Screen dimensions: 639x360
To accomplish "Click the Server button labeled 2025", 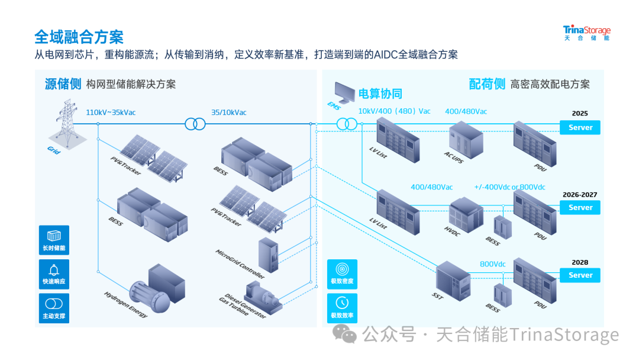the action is pyautogui.click(x=579, y=127).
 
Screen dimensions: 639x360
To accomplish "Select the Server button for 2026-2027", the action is pyautogui.click(x=579, y=207).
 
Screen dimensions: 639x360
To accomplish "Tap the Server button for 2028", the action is pyautogui.click(x=579, y=275).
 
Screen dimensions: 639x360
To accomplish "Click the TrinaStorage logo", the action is pyautogui.click(x=586, y=33).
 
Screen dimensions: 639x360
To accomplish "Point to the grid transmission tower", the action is pyautogui.click(x=67, y=124).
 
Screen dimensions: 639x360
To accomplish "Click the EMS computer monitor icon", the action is pyautogui.click(x=344, y=92).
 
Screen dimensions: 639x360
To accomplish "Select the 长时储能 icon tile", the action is pyautogui.click(x=54, y=240).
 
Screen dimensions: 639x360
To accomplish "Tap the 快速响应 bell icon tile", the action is pyautogui.click(x=54, y=274).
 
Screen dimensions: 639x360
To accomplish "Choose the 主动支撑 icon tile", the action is pyautogui.click(x=54, y=308).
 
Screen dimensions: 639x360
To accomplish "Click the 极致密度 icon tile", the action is pyautogui.click(x=343, y=274).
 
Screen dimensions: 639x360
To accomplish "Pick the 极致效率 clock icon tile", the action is pyautogui.click(x=343, y=308).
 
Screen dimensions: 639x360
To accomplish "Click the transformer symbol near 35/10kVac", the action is pyautogui.click(x=195, y=124).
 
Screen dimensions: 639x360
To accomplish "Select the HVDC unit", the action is pyautogui.click(x=466, y=215).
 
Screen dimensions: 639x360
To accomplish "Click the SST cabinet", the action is pyautogui.click(x=453, y=281).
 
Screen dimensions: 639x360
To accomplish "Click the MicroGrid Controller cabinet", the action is pyautogui.click(x=269, y=255).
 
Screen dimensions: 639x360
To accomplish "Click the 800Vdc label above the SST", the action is pyautogui.click(x=492, y=264).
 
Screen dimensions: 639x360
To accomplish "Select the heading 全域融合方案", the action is pyautogui.click(x=79, y=37).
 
